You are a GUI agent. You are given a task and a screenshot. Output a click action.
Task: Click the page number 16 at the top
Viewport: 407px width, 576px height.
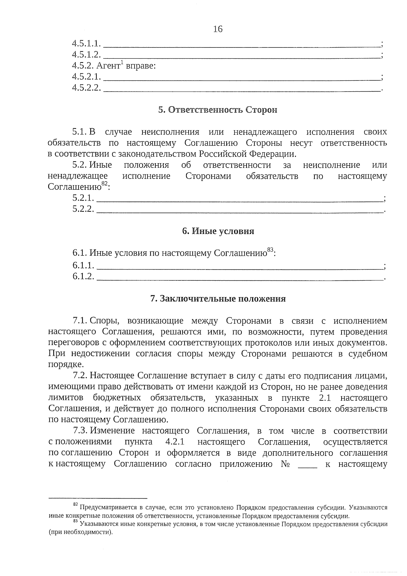(x=218, y=29)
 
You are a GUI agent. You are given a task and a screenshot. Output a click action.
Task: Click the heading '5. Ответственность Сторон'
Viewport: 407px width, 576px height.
(x=217, y=110)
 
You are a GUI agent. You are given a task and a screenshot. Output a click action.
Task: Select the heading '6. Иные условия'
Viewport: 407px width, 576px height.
(x=218, y=231)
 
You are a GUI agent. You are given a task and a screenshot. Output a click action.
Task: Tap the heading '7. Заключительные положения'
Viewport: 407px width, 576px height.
(x=218, y=299)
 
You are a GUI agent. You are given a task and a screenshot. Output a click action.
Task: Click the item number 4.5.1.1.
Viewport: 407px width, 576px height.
(x=86, y=43)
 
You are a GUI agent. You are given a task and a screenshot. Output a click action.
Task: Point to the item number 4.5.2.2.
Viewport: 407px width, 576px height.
(x=86, y=88)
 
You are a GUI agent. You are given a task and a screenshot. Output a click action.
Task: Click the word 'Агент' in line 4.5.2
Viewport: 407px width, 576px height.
(x=108, y=66)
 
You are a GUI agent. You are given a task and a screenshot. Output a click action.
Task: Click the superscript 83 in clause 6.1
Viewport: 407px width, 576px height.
(x=270, y=250)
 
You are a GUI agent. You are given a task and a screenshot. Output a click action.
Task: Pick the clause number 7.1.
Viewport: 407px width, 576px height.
(x=80, y=321)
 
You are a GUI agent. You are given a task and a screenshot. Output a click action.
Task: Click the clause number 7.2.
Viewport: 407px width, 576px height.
(x=80, y=376)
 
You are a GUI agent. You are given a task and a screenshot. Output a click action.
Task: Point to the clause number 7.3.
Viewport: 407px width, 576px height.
(x=80, y=431)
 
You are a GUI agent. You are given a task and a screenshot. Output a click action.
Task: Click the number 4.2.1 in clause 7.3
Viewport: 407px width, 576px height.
(x=175, y=442)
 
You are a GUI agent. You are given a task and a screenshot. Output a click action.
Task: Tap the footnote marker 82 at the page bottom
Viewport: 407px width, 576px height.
(x=76, y=505)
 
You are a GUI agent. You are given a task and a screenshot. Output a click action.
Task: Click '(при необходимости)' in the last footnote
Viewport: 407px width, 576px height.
(x=80, y=532)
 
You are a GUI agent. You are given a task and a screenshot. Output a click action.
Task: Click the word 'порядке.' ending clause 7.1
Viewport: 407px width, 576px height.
(x=66, y=365)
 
